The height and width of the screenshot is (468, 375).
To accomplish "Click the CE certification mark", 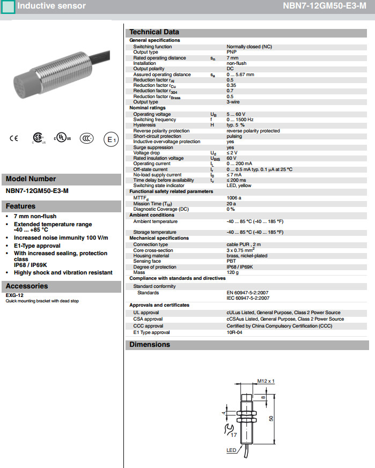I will [x=14, y=138].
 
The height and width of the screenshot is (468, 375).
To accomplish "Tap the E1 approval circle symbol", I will [x=111, y=139].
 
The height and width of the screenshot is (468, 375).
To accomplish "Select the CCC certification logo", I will [x=87, y=138].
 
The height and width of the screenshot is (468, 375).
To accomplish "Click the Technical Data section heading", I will [x=154, y=32].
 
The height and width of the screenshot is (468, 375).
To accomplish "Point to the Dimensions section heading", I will [x=150, y=345].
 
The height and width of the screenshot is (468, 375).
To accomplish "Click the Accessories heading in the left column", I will [x=27, y=286].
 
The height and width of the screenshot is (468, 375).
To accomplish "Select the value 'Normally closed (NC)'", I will [x=249, y=47].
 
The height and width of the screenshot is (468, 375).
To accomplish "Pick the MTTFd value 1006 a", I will [x=234, y=198].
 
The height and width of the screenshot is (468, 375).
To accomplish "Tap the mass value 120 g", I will [x=233, y=272].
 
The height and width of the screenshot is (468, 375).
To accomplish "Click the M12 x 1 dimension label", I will [x=266, y=381].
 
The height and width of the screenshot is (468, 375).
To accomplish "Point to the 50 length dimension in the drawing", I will [x=271, y=419].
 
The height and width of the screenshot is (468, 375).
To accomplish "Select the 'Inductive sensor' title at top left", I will [x=51, y=6].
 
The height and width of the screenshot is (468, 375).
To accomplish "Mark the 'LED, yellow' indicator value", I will [x=239, y=185].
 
